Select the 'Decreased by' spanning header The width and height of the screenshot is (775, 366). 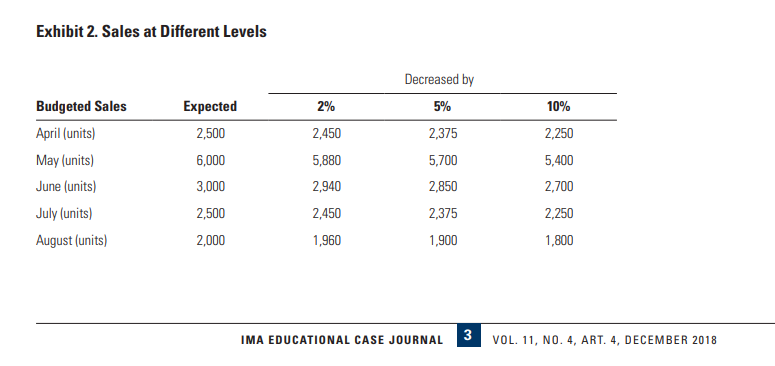click(439, 79)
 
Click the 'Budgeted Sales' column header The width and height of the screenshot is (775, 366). click(81, 106)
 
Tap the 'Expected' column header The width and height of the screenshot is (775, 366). click(210, 106)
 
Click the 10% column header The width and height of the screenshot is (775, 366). click(558, 106)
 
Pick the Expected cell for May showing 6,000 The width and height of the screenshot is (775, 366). click(210, 160)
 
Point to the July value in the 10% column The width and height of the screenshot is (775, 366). click(558, 214)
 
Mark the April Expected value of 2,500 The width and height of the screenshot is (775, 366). click(210, 133)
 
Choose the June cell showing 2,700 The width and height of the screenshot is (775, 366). click(558, 187)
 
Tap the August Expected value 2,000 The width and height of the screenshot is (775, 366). click(210, 241)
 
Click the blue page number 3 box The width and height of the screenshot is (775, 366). click(467, 336)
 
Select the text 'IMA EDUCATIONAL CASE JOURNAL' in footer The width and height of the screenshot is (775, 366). click(342, 340)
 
